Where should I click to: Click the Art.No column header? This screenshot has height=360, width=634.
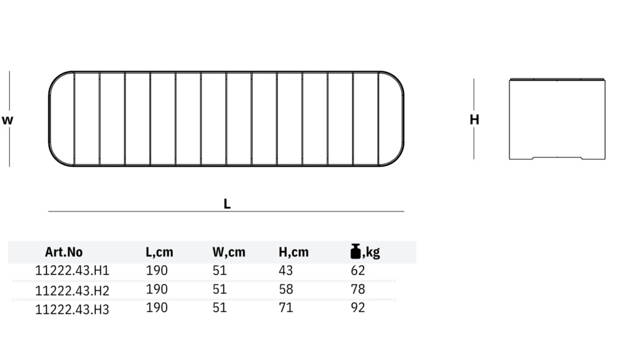64,252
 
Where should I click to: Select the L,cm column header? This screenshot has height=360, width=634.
159,252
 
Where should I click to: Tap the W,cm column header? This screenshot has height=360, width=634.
229,252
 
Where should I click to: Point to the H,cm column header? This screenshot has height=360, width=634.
293,252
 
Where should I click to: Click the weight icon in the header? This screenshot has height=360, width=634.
355,251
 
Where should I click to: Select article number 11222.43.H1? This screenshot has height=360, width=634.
72,271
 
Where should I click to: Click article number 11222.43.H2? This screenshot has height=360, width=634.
72,291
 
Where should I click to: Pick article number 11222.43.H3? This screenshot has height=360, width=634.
72,309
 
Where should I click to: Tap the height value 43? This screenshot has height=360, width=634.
285,270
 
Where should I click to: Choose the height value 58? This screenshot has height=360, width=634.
285,289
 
